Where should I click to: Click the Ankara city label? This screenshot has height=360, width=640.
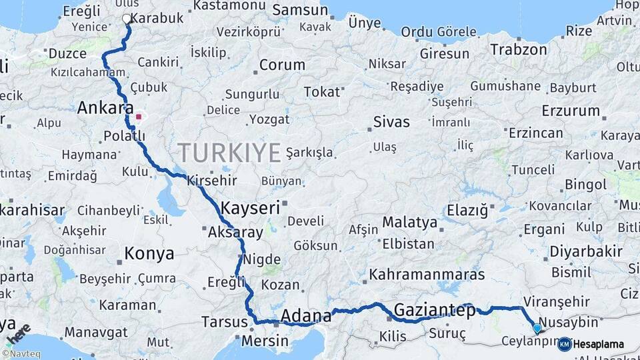click(x=103, y=108)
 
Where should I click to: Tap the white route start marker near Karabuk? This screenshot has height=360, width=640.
click(x=127, y=19)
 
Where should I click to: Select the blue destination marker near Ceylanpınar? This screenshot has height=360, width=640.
click(x=537, y=327)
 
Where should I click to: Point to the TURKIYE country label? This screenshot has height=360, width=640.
click(x=229, y=153)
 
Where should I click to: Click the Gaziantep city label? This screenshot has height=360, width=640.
click(x=434, y=310)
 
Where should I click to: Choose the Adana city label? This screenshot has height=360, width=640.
click(x=307, y=315)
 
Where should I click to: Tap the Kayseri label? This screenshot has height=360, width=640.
click(x=250, y=207)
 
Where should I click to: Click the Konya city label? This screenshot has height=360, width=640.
click(x=149, y=253)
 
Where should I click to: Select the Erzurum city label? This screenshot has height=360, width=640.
click(x=571, y=111)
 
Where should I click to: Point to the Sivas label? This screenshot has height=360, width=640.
click(x=391, y=122)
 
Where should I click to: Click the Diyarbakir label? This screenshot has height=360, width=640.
click(x=587, y=253)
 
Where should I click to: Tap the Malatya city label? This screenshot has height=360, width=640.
click(x=410, y=222)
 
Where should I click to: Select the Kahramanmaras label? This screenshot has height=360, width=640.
click(x=427, y=274)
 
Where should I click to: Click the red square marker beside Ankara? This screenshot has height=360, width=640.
click(x=139, y=117)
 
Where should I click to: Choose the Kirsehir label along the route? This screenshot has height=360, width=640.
click(x=213, y=181)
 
